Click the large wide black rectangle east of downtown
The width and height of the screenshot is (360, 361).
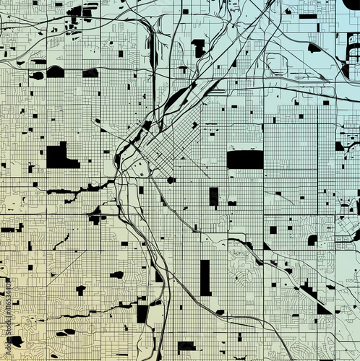point(245,159)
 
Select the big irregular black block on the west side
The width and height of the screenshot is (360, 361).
point(61,156)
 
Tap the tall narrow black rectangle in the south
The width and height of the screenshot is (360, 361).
point(205,278)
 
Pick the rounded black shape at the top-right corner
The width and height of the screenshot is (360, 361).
point(352,4)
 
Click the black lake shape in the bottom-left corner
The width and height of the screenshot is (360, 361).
point(14,341)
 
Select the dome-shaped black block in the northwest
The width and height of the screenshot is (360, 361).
point(56,71)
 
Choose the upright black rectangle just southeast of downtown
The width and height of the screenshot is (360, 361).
point(213,196)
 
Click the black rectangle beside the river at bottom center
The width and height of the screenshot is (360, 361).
point(142,313)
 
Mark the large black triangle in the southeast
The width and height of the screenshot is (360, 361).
point(322,308)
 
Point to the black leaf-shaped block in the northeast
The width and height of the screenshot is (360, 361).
point(314,48)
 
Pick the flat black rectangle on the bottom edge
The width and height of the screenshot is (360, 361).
point(187,346)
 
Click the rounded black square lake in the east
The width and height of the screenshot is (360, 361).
point(312,240)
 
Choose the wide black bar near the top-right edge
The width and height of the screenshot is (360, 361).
point(308,16)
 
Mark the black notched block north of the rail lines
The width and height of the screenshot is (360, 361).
point(197,48)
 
